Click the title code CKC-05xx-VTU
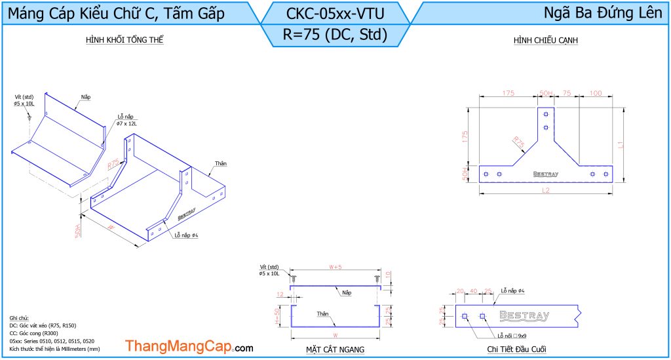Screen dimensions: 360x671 click(x=335, y=12)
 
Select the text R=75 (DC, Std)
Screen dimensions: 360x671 click(x=335, y=34)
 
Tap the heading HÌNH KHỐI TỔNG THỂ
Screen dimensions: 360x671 click(x=125, y=41)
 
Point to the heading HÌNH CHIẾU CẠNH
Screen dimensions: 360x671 click(x=545, y=41)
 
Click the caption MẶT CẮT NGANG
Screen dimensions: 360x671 click(x=335, y=350)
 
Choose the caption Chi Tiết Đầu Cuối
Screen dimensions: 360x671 click(x=517, y=350)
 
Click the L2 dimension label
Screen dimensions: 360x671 click(x=545, y=190)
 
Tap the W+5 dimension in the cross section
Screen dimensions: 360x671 click(x=335, y=267)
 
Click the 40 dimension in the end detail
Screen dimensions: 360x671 click(x=473, y=290)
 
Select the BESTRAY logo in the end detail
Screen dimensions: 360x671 click(x=524, y=316)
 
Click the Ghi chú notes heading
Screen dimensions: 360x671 click(x=19, y=317)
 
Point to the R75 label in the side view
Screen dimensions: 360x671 click(x=518, y=142)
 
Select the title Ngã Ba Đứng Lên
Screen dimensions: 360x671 click(x=603, y=12)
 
